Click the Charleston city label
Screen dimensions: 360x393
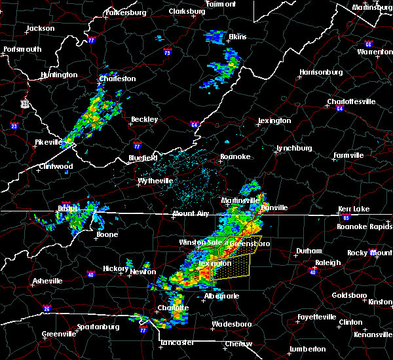click(x=117, y=79)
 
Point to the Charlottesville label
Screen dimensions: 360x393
click(x=351, y=101)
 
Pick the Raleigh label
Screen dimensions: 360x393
click(x=328, y=262)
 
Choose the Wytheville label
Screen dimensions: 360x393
click(x=156, y=181)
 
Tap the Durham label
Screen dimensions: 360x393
click(x=309, y=251)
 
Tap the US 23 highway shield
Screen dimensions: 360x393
click(x=24, y=103)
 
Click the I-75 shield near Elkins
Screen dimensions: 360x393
click(x=168, y=52)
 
